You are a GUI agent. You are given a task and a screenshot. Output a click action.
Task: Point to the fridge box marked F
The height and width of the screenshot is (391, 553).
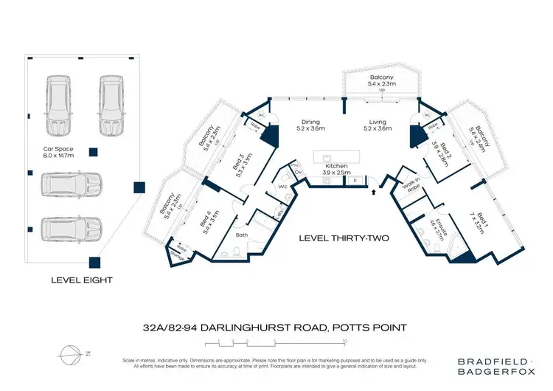pyautogui.click(x=355, y=180)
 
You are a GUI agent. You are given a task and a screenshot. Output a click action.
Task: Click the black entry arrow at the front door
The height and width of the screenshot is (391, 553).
pyautogui.click(x=375, y=192)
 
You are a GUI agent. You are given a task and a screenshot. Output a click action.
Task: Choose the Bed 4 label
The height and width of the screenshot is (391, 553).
pyautogui.click(x=206, y=221)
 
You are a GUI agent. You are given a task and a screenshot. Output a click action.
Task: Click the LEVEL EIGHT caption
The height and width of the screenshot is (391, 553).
pyautogui.click(x=81, y=280)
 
